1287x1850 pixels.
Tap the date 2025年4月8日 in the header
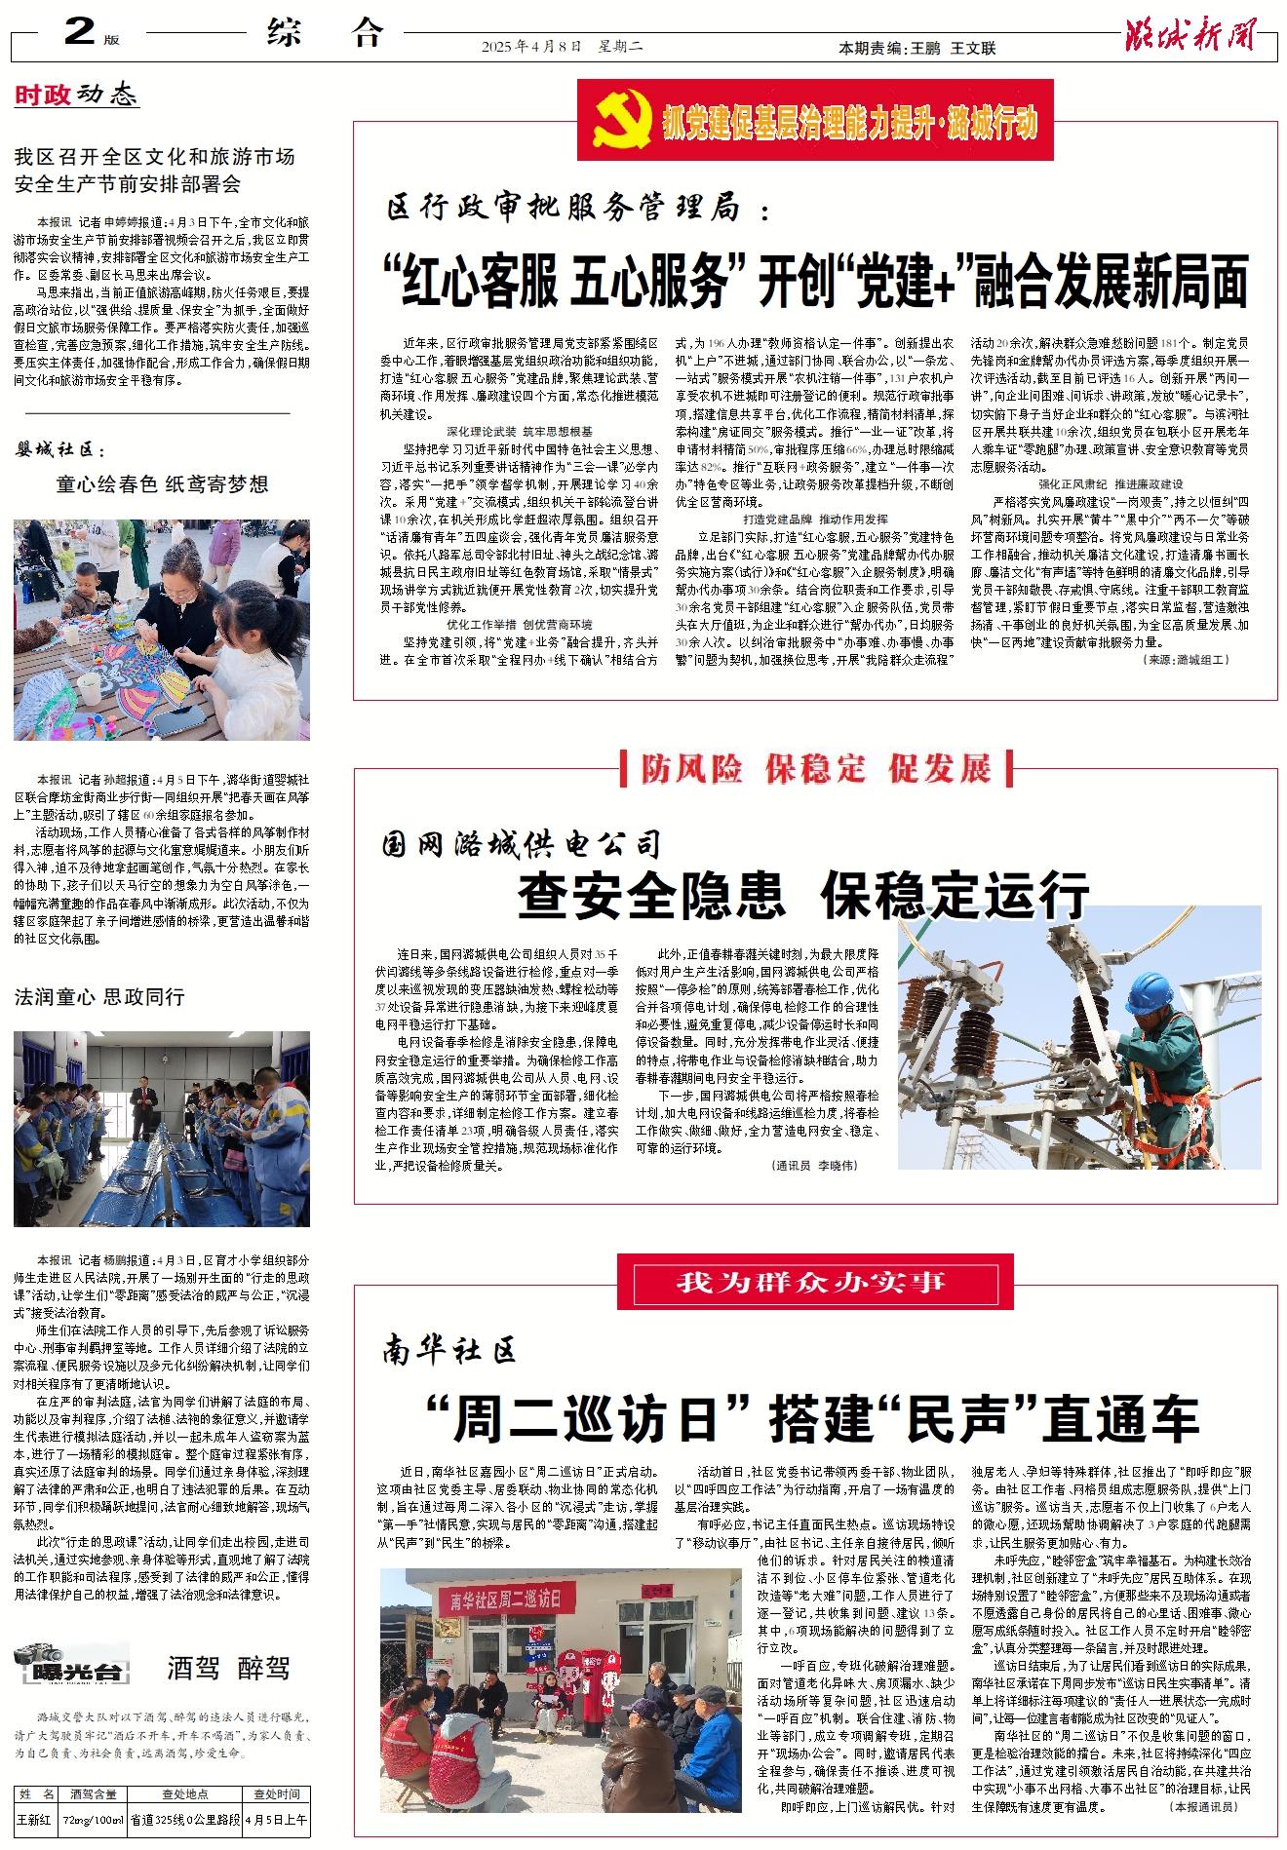tap(531, 47)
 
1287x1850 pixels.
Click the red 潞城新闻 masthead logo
tap(1190, 35)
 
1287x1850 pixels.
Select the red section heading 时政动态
tap(76, 95)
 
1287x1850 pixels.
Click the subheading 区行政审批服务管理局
tap(564, 208)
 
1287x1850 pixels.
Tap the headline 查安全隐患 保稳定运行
tap(802, 895)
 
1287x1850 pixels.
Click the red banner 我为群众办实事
tap(814, 1281)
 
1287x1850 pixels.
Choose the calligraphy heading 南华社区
tap(448, 1350)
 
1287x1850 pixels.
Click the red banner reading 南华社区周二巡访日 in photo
tap(507, 1599)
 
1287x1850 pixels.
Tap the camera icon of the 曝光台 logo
tap(39, 1653)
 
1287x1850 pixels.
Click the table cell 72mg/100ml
tap(94, 1819)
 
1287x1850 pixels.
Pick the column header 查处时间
tap(277, 1793)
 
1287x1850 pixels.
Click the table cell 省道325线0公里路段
tap(185, 1819)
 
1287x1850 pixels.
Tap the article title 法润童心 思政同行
tap(99, 996)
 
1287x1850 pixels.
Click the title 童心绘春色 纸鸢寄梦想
tap(162, 484)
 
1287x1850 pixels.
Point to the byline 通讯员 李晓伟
tap(816, 1165)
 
